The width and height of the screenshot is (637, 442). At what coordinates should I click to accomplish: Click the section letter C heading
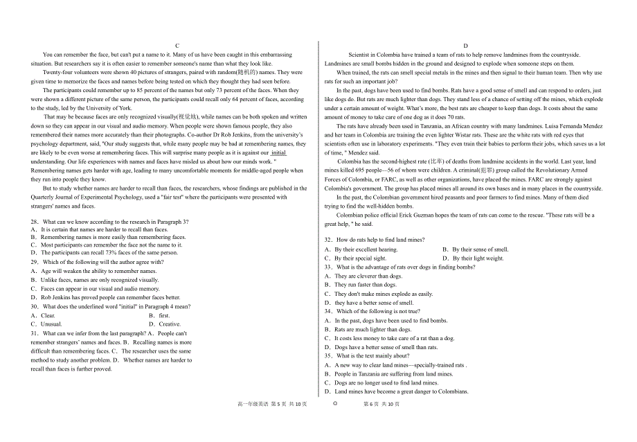point(177,45)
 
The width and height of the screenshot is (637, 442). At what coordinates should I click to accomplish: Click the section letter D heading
point(465,45)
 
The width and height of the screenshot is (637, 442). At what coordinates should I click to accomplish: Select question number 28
point(35,222)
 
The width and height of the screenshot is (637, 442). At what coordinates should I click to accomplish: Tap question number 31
point(35,333)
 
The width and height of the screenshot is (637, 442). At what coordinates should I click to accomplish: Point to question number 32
point(329,240)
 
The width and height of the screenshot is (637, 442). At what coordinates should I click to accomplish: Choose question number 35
point(329,356)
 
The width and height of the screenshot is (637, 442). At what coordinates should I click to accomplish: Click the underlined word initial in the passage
point(278,152)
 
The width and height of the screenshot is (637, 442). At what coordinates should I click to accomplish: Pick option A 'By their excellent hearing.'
point(361,249)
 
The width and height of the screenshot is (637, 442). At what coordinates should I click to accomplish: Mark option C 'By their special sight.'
point(356,258)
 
